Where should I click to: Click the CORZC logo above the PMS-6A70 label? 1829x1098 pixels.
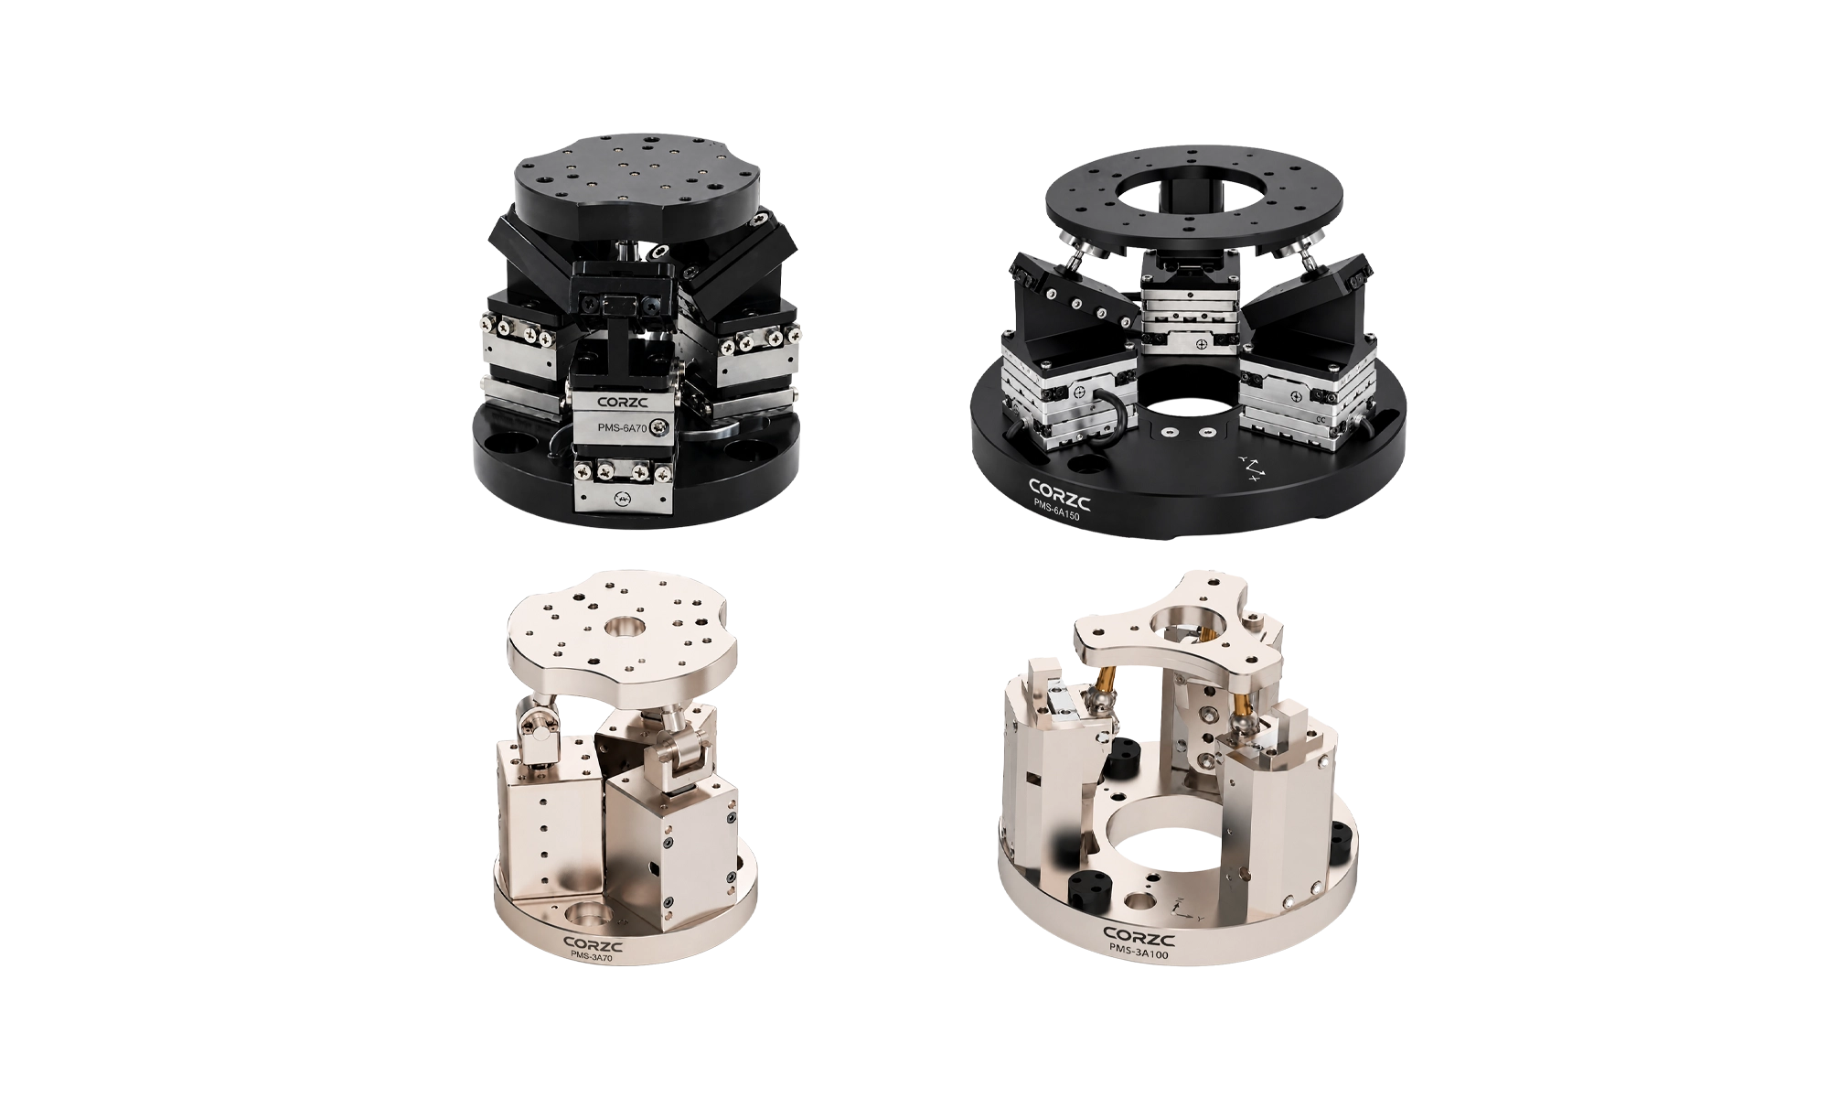click(622, 402)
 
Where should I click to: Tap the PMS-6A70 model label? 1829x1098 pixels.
click(622, 427)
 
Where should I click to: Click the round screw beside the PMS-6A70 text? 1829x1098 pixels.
click(660, 427)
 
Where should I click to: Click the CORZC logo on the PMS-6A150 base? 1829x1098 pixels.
click(1059, 493)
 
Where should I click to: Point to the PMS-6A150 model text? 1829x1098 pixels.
click(1056, 511)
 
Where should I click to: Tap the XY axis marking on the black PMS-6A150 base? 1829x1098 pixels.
click(1251, 468)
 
